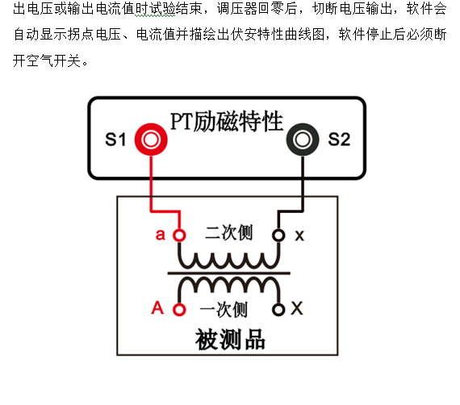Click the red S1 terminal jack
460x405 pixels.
151,140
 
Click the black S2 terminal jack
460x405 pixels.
303,140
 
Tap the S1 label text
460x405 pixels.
115,140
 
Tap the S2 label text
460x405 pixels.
339,140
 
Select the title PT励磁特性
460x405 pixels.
227,121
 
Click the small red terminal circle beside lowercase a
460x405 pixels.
179,236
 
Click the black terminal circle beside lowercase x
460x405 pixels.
278,236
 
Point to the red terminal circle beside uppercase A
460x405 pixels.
179,310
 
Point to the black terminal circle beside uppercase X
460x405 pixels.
278,310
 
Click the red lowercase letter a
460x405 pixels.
160,235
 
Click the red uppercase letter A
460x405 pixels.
157,307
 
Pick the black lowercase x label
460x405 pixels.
299,236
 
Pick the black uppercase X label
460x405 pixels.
297,308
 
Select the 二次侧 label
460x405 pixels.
228,232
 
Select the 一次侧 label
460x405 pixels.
224,309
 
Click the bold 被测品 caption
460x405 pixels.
230,340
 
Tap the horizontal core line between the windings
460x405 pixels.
229,273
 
